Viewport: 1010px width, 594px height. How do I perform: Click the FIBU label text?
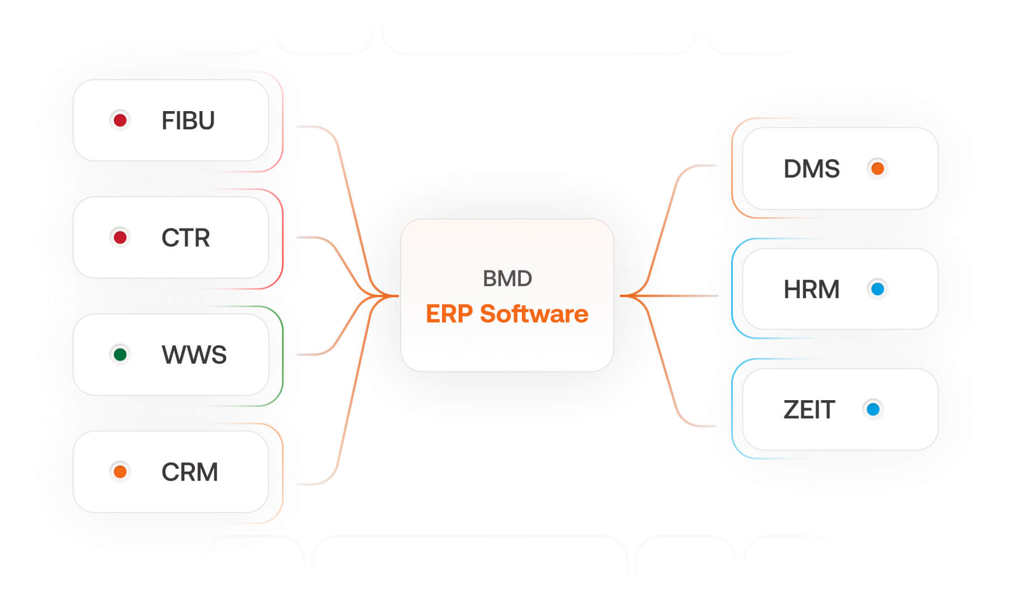[x=188, y=121]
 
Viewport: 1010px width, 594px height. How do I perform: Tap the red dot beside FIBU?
[x=120, y=120]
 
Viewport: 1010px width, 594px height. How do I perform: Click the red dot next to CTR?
[x=120, y=237]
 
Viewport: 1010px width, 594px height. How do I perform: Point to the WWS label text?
[x=194, y=355]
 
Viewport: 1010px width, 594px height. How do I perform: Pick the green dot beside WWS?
[x=120, y=355]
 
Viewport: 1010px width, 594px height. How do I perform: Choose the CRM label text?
[x=189, y=472]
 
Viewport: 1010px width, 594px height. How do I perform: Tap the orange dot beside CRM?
[x=120, y=472]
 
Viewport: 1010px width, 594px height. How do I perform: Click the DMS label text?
[x=812, y=169]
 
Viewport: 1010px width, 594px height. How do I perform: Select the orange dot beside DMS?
[x=877, y=168]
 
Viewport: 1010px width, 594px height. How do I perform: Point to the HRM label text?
[x=812, y=290]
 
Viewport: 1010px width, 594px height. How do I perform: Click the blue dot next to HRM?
[x=877, y=289]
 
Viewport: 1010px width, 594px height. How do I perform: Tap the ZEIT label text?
[x=809, y=410]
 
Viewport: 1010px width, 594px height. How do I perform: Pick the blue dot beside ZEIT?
[x=873, y=409]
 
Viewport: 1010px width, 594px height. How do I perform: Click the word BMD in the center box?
[x=507, y=279]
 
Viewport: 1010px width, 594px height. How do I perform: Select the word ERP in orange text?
[x=449, y=314]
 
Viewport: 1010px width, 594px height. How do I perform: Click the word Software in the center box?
[x=534, y=314]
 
